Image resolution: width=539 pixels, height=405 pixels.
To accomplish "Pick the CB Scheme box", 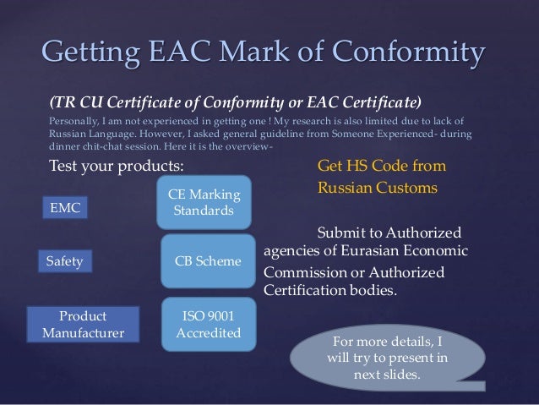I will (206, 262).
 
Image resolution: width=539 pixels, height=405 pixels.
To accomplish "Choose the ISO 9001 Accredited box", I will (206, 321).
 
